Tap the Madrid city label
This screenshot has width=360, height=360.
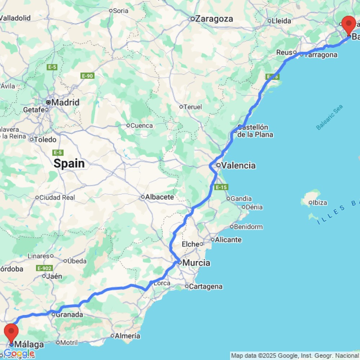click(x=65, y=102)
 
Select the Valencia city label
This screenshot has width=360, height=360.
click(x=238, y=166)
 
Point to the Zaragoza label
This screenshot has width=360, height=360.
click(x=214, y=19)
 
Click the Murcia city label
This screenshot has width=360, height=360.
click(x=196, y=263)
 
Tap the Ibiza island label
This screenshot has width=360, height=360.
click(x=320, y=203)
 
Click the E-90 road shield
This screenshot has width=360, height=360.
click(x=87, y=76)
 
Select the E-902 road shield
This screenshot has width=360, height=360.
click(x=44, y=268)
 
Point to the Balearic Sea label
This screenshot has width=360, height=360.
click(x=329, y=117)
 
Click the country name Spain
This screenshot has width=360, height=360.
click(x=69, y=164)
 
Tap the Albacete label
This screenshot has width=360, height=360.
click(x=159, y=197)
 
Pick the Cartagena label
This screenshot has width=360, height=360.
click(x=206, y=287)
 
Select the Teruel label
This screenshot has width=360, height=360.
click(x=193, y=107)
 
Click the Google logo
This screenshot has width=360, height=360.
click(x=19, y=354)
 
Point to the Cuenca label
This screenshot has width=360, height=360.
click(x=141, y=126)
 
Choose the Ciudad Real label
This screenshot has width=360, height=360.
click(x=57, y=197)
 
